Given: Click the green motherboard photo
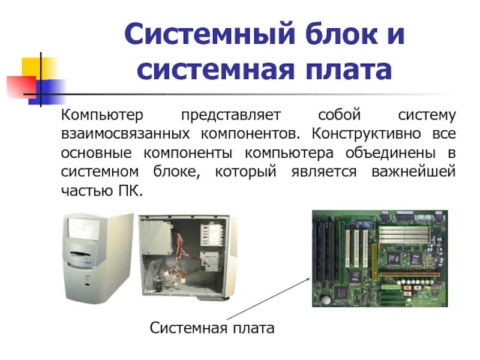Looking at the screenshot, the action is click(x=379, y=259).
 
